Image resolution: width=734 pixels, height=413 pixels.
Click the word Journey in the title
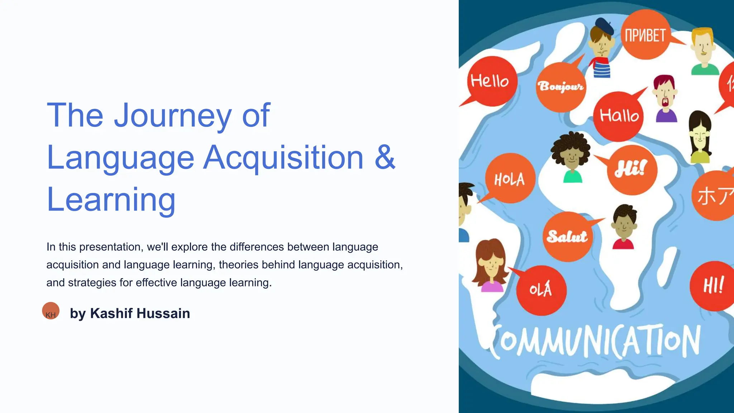point(173,115)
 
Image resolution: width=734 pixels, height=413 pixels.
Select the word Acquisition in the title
point(283,158)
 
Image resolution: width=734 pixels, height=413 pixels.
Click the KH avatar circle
point(51,311)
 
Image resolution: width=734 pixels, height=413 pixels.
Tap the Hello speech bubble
point(492,81)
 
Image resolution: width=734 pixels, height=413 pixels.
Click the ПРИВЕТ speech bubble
point(645,35)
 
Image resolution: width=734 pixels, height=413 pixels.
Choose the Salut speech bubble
point(567,237)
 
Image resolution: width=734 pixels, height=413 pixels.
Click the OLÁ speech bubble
point(541,290)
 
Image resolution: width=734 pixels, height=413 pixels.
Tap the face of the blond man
point(703,47)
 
